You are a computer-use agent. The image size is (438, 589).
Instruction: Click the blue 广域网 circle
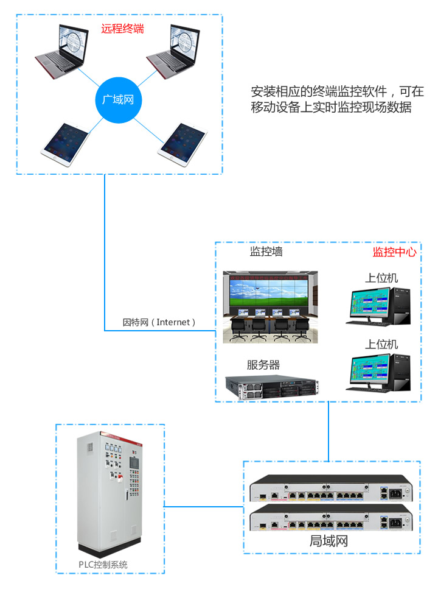[118, 99]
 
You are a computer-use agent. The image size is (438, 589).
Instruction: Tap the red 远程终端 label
[122, 29]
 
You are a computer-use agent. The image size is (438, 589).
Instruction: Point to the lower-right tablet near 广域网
[182, 143]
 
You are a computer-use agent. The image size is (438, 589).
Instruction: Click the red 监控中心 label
[394, 252]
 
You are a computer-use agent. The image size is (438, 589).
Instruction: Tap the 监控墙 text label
[266, 251]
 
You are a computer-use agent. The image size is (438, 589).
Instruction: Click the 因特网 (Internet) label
[159, 322]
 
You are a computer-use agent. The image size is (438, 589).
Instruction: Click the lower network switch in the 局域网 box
[330, 519]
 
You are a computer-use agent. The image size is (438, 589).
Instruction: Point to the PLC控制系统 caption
[103, 564]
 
